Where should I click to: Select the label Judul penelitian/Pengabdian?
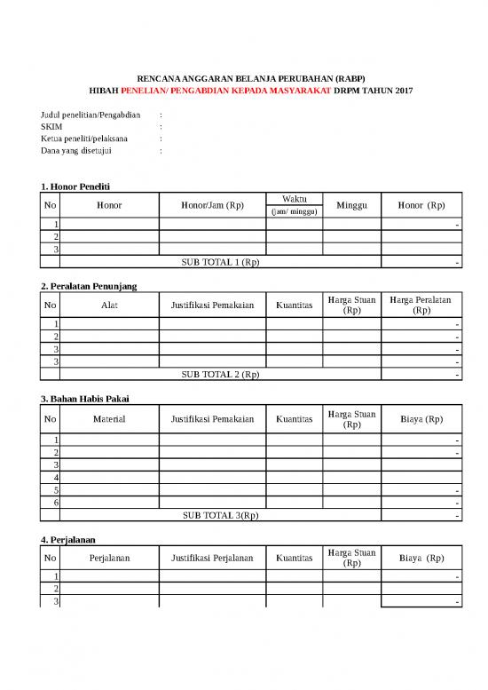[x=91, y=115]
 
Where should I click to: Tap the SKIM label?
[x=51, y=127]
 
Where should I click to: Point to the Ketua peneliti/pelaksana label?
[x=84, y=139]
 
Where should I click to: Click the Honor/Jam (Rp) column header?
[x=212, y=206]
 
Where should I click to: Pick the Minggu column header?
[x=351, y=206]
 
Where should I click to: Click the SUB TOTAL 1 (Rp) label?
[x=220, y=263]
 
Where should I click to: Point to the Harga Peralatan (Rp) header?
[x=421, y=306]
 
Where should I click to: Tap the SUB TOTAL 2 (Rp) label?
[x=220, y=375]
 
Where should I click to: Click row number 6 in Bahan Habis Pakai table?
[x=56, y=503]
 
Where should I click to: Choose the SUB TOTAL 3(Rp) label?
[x=220, y=515]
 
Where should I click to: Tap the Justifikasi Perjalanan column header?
[x=212, y=559]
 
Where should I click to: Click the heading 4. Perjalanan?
[x=68, y=538]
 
